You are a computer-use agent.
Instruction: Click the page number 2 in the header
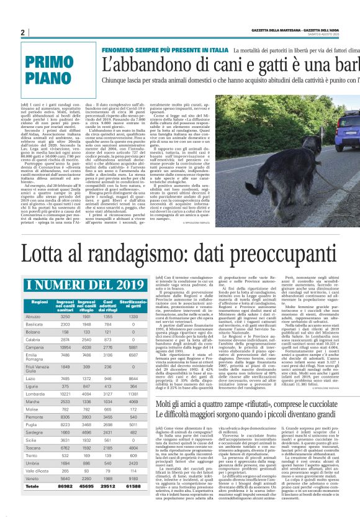coord(22,32)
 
